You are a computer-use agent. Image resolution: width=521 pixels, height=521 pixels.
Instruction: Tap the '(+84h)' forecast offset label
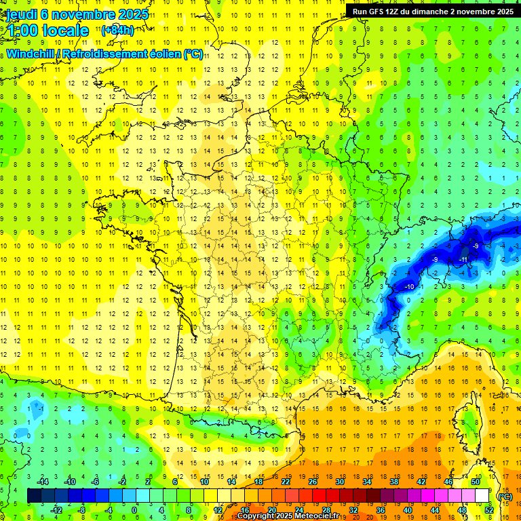pos(117,30)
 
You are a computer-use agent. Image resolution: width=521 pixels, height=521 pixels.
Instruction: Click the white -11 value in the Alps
pos(464,259)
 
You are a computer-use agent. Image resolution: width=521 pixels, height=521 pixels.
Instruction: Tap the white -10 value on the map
pos(409,288)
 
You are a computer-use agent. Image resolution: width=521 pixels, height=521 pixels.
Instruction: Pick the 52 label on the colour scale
pos(488,510)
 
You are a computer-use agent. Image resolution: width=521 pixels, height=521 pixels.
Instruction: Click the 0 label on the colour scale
pos(134,510)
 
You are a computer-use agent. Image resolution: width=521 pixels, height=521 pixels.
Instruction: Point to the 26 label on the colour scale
pos(313,482)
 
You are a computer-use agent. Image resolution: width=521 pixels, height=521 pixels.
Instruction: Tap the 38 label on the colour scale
pos(393,482)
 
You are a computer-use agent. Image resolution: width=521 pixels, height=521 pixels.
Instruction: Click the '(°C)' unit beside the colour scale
pos(505,497)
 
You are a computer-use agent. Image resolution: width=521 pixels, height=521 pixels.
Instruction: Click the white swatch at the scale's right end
pos(482,496)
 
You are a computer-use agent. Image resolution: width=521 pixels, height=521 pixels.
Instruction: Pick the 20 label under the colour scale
pos(271,510)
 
